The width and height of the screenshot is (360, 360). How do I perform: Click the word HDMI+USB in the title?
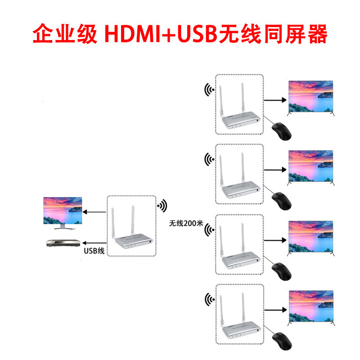coord(159,34)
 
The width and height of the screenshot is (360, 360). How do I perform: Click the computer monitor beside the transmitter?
coord(63,211)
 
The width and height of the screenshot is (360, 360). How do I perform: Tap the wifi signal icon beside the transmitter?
coord(162,206)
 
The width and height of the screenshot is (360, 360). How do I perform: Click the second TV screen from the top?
coord(311,166)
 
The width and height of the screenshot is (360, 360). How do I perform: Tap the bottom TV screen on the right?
coord(311,307)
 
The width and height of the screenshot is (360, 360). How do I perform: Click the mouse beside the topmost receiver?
coord(282,130)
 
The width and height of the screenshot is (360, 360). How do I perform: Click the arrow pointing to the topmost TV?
coord(275,99)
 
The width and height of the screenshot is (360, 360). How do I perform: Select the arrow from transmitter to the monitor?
coord(95,212)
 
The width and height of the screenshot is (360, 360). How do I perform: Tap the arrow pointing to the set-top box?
coord(95,243)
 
